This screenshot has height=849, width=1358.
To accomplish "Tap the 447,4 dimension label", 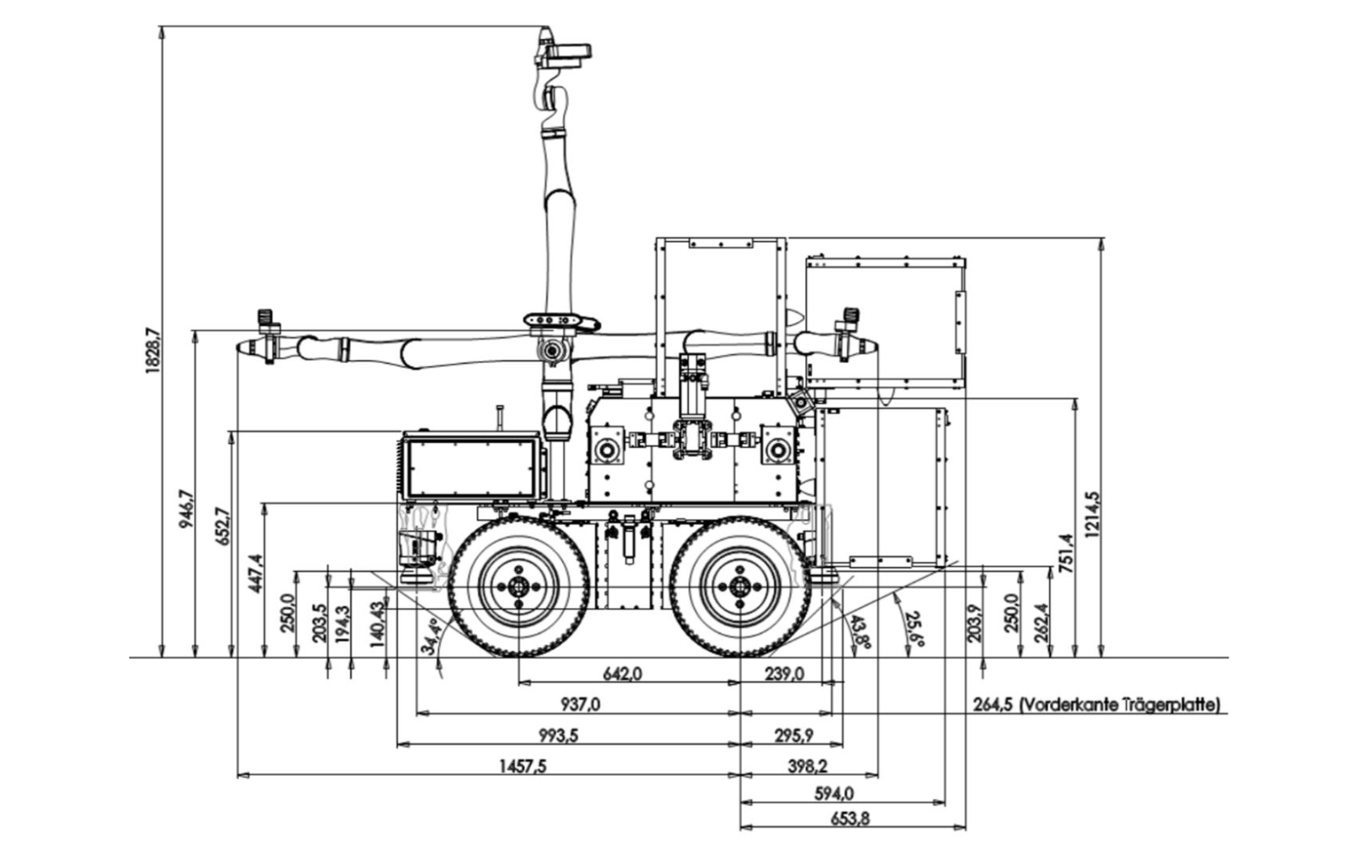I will pyautogui.click(x=255, y=573).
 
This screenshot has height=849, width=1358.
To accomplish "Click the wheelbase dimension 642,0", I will pyautogui.click(x=622, y=674).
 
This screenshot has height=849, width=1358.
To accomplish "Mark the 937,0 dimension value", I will pyautogui.click(x=580, y=705).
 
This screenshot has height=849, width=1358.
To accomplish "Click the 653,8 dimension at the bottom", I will pyautogui.click(x=850, y=818).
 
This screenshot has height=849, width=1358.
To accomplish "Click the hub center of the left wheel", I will pyautogui.click(x=518, y=588).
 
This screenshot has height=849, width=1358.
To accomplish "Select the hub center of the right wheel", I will pyautogui.click(x=740, y=588).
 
